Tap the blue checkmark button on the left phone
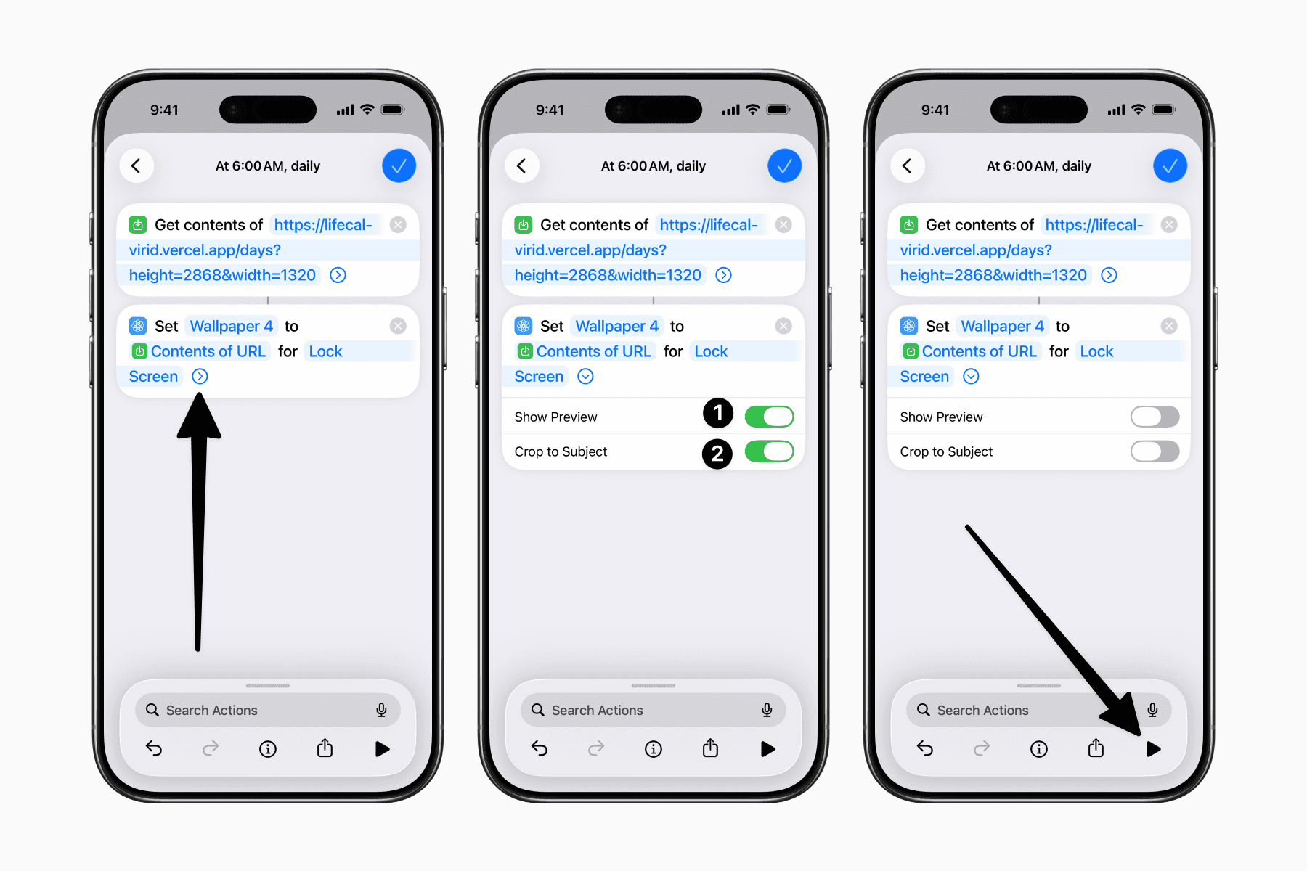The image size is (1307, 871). pyautogui.click(x=399, y=166)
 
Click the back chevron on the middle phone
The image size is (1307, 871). pyautogui.click(x=521, y=166)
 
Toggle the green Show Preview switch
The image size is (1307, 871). pyautogui.click(x=769, y=417)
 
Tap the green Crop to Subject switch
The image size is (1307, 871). pyautogui.click(x=769, y=451)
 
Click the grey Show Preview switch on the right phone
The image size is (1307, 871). pyautogui.click(x=1155, y=417)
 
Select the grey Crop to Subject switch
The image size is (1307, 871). pyautogui.click(x=1155, y=451)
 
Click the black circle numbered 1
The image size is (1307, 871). pyautogui.click(x=718, y=413)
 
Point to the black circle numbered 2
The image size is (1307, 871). pyautogui.click(x=717, y=454)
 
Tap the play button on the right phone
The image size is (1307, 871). pyautogui.click(x=1153, y=749)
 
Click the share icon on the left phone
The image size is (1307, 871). pyautogui.click(x=325, y=748)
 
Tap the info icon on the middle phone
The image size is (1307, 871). pyautogui.click(x=653, y=749)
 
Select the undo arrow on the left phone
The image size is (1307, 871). pyautogui.click(x=154, y=748)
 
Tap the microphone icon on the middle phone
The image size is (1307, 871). pyautogui.click(x=767, y=710)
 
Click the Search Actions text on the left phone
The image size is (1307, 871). pyautogui.click(x=212, y=711)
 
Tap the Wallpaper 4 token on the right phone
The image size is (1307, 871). pyautogui.click(x=1002, y=326)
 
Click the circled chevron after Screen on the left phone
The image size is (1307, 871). pyautogui.click(x=200, y=376)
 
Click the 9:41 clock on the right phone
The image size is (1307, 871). pyautogui.click(x=935, y=110)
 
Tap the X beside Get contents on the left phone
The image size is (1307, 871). pyautogui.click(x=398, y=225)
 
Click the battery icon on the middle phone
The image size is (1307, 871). pyautogui.click(x=778, y=110)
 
